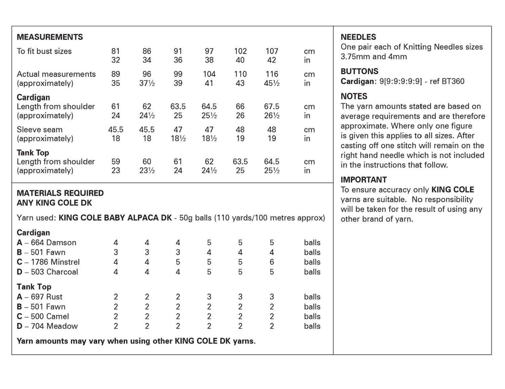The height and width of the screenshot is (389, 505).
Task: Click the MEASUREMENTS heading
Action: [x=50, y=37]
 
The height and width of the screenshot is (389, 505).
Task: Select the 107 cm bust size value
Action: [x=272, y=51]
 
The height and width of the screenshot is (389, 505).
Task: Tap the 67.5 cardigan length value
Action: [x=272, y=106]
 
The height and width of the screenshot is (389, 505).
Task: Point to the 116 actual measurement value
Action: [x=272, y=74]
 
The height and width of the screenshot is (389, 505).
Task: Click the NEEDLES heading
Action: [x=358, y=37]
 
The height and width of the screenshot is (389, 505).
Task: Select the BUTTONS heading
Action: [x=359, y=71]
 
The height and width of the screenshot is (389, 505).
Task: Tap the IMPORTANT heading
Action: [x=364, y=180]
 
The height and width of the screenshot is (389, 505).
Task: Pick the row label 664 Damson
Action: [x=53, y=243]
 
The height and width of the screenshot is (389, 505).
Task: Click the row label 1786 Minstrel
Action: [x=55, y=262]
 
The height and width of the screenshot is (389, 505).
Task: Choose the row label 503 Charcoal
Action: [x=54, y=272]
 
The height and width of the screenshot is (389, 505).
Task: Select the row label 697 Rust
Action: [x=46, y=297]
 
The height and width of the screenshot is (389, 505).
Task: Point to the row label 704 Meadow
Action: [x=54, y=326]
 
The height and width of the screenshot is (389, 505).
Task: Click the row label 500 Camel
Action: [x=49, y=317]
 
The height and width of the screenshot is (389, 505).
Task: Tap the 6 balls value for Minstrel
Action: [x=272, y=262]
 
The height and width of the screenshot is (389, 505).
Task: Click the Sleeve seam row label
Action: [x=40, y=130]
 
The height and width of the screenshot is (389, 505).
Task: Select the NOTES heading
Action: [x=354, y=96]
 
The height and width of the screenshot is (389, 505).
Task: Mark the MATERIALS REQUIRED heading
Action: [x=60, y=193]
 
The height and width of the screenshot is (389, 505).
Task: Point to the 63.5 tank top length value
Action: [x=240, y=162]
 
